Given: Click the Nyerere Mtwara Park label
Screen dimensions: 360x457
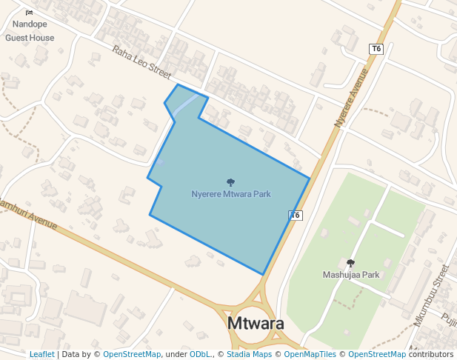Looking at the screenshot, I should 231,194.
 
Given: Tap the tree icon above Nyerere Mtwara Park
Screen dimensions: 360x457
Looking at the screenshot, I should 231,181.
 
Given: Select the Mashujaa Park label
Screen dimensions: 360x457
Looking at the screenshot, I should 351,274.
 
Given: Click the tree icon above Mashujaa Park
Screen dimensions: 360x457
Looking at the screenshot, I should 351,263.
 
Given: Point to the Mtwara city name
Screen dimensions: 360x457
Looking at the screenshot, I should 256,324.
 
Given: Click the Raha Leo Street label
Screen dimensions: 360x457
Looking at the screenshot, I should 141,61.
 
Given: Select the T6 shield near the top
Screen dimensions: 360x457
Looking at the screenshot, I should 376,49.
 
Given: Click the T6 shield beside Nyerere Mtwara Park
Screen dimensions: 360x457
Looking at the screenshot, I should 296,216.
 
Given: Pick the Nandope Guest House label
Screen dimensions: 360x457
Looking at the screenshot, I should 30,31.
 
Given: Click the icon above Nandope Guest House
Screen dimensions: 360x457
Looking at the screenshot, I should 30,13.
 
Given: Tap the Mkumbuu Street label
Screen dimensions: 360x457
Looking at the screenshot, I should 432,296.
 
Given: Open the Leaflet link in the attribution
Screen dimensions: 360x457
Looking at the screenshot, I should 41,354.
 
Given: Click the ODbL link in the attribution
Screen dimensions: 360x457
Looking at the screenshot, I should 200,354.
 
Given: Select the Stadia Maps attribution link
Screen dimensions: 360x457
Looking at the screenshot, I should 248,354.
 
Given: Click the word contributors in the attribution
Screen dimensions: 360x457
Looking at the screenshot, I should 431,354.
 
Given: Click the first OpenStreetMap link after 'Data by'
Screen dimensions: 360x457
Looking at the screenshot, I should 132,354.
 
